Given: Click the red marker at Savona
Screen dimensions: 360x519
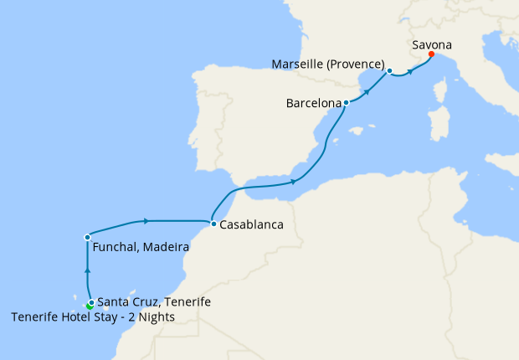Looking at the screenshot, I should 431,54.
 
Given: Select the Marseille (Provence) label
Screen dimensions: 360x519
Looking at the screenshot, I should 329,64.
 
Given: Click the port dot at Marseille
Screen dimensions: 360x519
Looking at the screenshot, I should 389,71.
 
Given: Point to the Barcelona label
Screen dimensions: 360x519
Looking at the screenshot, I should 314,104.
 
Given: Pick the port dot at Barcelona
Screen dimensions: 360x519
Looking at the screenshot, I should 347,102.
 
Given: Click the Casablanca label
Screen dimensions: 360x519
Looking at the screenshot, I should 252,225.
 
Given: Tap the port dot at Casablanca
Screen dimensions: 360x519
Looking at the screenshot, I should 214,224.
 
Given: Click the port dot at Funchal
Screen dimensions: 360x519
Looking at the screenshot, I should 87,238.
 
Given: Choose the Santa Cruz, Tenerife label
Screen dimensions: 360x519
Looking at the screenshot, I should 153,302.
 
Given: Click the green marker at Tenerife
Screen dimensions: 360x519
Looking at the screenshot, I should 90,306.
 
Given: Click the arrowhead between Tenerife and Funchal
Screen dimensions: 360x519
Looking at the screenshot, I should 87,271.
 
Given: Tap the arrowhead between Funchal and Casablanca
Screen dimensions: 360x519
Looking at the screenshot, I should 146,221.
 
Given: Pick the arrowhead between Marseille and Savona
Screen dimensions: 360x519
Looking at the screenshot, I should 410,72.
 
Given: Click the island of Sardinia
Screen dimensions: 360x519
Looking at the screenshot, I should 434,124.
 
